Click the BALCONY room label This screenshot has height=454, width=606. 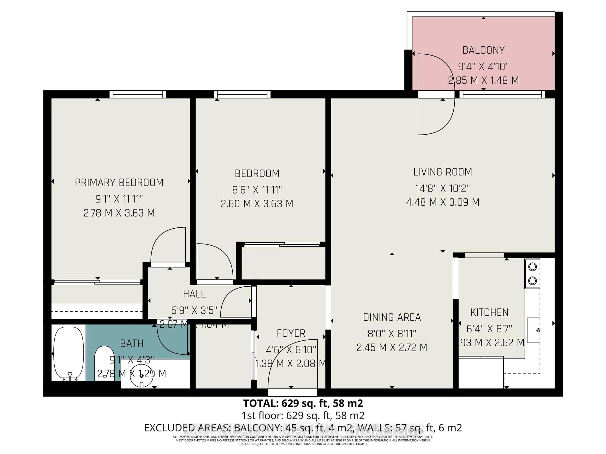pyautogui.click(x=483, y=50)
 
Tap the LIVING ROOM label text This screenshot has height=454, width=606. pyautogui.click(x=443, y=172)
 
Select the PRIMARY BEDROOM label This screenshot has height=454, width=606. pyautogui.click(x=119, y=183)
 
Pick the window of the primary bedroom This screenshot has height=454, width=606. pyautogui.click(x=138, y=94)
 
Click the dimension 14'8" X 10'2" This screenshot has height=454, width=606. pyautogui.click(x=443, y=189)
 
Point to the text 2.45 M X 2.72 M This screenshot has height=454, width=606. pyautogui.click(x=392, y=348)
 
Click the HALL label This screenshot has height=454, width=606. pyautogui.click(x=194, y=294)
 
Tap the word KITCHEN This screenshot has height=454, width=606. pyautogui.click(x=489, y=312)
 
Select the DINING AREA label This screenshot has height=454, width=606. pyautogui.click(x=392, y=317)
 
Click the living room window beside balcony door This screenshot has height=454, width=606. pyautogui.click(x=502, y=94)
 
